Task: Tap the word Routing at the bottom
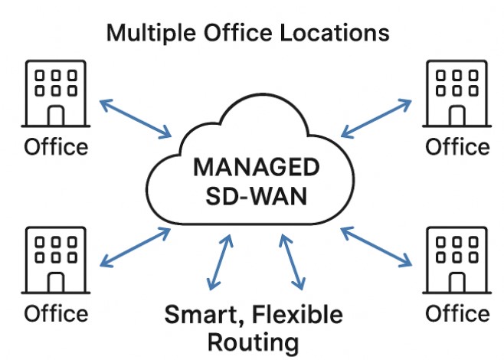[x=253, y=341]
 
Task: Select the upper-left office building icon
[x=55, y=93]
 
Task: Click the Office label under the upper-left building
[x=56, y=146]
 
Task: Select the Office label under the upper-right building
[x=457, y=146]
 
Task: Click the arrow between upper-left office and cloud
[x=135, y=118]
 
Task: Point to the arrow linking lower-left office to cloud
[x=136, y=247]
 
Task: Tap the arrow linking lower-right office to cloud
[x=375, y=247]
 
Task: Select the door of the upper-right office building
[x=457, y=115]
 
